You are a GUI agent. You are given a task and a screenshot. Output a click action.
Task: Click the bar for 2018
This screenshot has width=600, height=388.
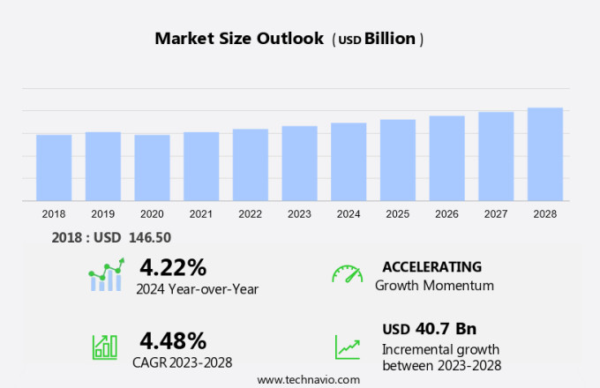54,168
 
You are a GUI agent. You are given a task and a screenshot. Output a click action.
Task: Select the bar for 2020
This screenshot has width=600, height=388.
152,168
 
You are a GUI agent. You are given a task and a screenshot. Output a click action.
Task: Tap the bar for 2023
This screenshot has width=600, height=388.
300,163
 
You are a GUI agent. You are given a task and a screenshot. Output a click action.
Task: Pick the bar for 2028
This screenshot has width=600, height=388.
545,154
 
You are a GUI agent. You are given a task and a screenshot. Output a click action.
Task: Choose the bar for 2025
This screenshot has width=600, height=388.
398,160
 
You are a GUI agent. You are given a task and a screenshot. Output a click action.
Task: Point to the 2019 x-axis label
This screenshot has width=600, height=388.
103,213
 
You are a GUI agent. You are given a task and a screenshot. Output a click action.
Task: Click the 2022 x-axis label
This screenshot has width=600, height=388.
251,213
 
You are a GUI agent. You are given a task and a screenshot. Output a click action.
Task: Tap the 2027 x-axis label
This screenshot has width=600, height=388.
496,213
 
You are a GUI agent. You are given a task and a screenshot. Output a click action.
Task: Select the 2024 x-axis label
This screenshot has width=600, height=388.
349,213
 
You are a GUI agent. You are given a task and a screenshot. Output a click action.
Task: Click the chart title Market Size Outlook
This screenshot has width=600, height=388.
238,39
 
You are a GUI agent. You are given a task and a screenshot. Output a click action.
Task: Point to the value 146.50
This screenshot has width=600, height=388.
151,237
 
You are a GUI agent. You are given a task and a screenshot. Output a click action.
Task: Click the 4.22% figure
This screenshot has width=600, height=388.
173,267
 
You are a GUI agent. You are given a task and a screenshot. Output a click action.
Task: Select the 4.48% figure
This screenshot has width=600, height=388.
173,340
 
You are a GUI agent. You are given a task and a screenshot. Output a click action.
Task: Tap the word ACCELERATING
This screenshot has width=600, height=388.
432,267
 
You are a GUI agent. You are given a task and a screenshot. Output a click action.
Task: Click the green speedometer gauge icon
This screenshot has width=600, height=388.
347,275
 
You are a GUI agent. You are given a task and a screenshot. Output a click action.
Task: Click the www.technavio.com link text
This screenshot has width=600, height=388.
309,379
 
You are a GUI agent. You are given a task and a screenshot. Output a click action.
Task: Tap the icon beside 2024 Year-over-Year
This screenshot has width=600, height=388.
106,275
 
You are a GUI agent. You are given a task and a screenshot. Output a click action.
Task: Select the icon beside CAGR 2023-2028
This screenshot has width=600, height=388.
105,346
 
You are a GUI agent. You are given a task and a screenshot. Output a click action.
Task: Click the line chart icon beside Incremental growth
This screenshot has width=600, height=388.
347,346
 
